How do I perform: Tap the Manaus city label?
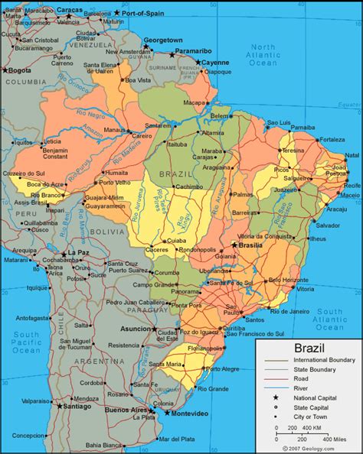click(x=114, y=131)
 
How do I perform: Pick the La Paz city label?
click(x=77, y=252)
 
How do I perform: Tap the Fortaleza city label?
click(x=332, y=140)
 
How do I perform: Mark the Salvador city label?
click(x=328, y=225)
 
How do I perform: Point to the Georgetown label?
click(x=164, y=40)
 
